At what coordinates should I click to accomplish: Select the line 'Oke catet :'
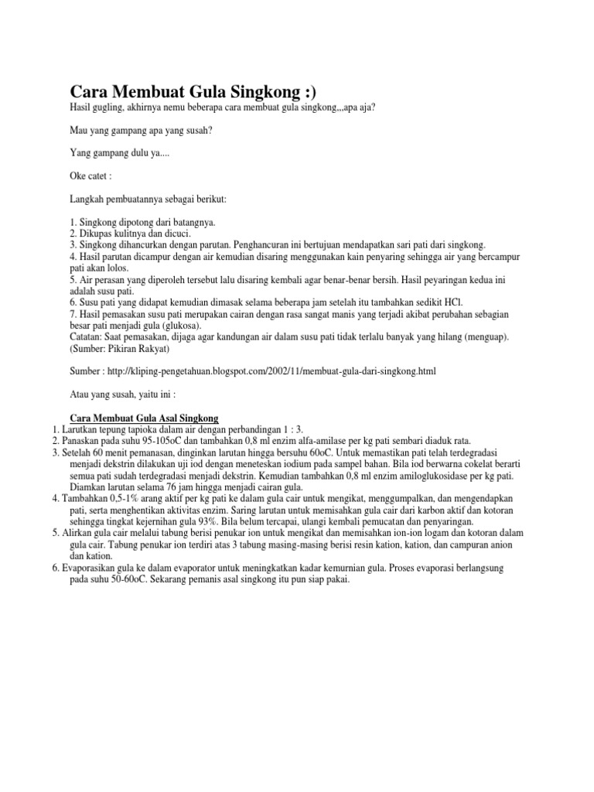(x=92, y=176)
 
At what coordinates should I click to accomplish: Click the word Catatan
(x=88, y=337)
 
